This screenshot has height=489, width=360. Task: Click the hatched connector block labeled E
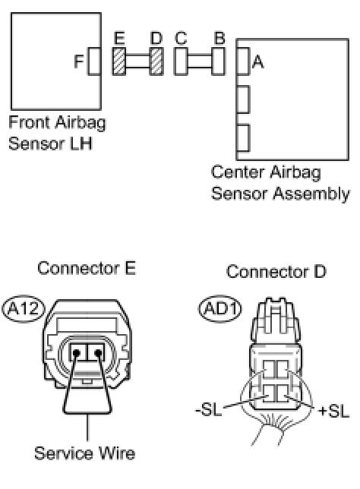click(x=118, y=61)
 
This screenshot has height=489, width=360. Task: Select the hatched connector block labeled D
click(x=156, y=61)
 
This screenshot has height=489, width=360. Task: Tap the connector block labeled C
click(x=181, y=61)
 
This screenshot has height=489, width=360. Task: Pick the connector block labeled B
click(x=218, y=61)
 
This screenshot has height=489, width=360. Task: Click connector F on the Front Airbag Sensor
click(x=94, y=61)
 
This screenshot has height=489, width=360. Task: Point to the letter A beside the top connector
click(x=257, y=62)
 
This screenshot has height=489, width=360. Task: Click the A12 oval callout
click(x=24, y=309)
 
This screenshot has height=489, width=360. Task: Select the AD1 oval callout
click(x=220, y=309)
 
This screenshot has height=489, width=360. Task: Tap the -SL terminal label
click(x=209, y=409)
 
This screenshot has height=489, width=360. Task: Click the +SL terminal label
click(x=333, y=412)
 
